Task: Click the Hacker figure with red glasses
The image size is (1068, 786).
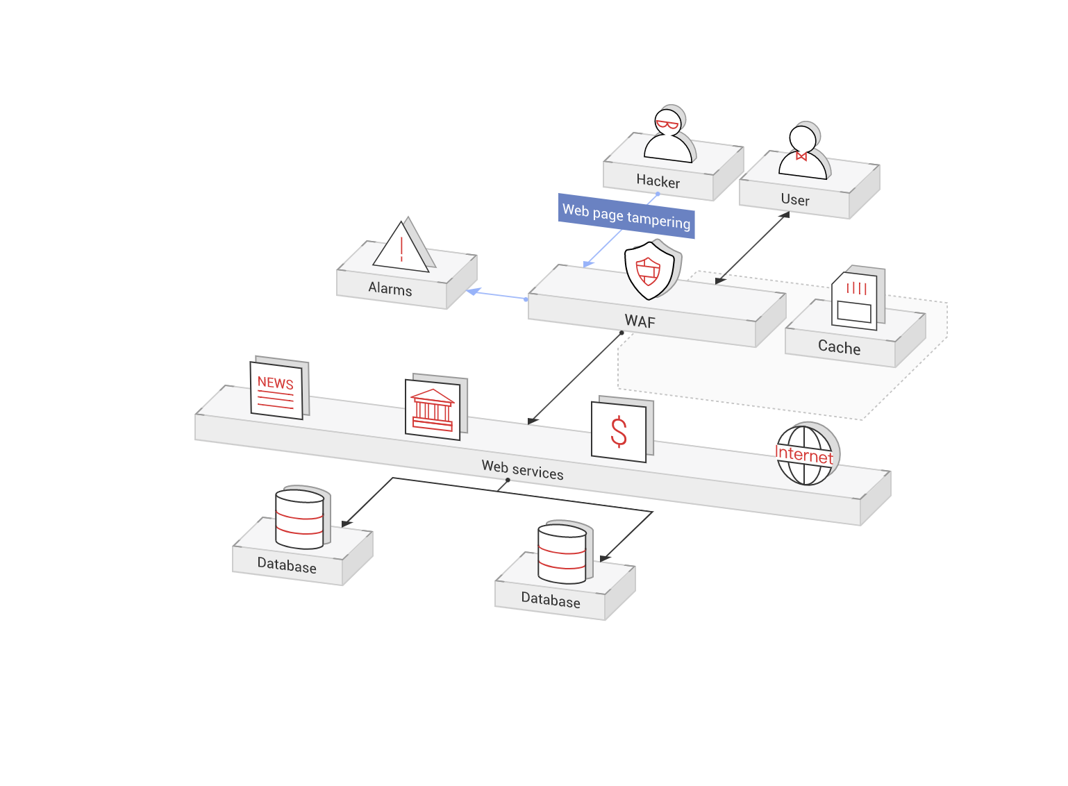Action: pyautogui.click(x=668, y=136)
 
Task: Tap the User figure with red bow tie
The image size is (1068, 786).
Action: pyautogui.click(x=803, y=153)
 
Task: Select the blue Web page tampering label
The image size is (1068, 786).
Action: pyautogui.click(x=626, y=216)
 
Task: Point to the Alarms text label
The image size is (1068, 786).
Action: pyautogui.click(x=390, y=289)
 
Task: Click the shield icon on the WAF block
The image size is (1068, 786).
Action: pyautogui.click(x=649, y=270)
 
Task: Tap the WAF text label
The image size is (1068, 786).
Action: pyautogui.click(x=640, y=321)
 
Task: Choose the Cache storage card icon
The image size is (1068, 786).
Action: pyautogui.click(x=855, y=301)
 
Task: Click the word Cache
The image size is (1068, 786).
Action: pyautogui.click(x=839, y=347)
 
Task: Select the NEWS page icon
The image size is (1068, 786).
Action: pyautogui.click(x=276, y=390)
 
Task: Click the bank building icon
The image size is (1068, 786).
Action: pyautogui.click(x=433, y=410)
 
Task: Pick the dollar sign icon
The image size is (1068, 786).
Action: pyautogui.click(x=619, y=431)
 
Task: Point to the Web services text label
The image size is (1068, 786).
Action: pyautogui.click(x=522, y=470)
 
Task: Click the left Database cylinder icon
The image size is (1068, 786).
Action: pyautogui.click(x=300, y=519)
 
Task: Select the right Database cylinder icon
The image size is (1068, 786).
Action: pyautogui.click(x=562, y=553)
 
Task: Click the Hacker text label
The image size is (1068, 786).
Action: pyautogui.click(x=658, y=181)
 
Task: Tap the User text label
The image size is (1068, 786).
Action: pyautogui.click(x=795, y=200)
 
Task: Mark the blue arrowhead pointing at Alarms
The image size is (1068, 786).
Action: pyautogui.click(x=474, y=292)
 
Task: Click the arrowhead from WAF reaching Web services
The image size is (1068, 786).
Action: pyautogui.click(x=533, y=421)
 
